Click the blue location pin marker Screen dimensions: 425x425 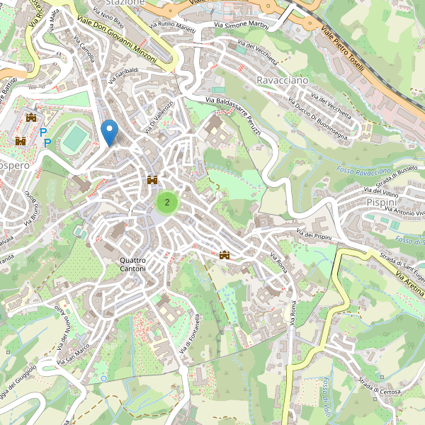[x=109, y=132]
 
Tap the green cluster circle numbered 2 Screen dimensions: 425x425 [x=167, y=203]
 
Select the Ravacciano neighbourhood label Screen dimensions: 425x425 [x=283, y=81]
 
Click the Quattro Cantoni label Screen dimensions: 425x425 [x=132, y=264]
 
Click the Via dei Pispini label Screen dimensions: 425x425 [x=314, y=234]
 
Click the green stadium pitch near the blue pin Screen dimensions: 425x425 [x=74, y=140]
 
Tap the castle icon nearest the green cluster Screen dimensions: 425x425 [x=152, y=181]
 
